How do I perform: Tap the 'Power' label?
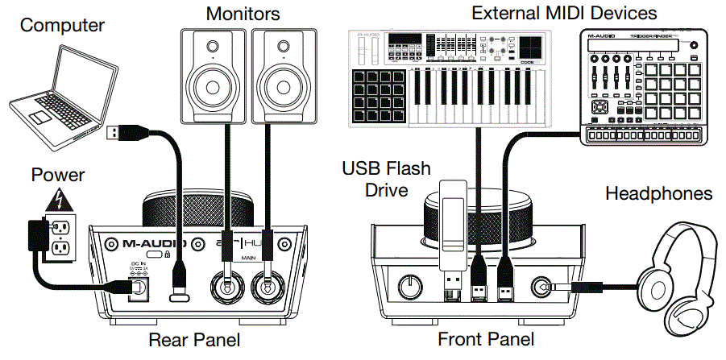pyautogui.click(x=57, y=175)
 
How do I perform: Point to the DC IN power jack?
pyautogui.click(x=136, y=286)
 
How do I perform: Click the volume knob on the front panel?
pyautogui.click(x=409, y=285)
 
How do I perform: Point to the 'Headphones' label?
pyautogui.click(x=658, y=193)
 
